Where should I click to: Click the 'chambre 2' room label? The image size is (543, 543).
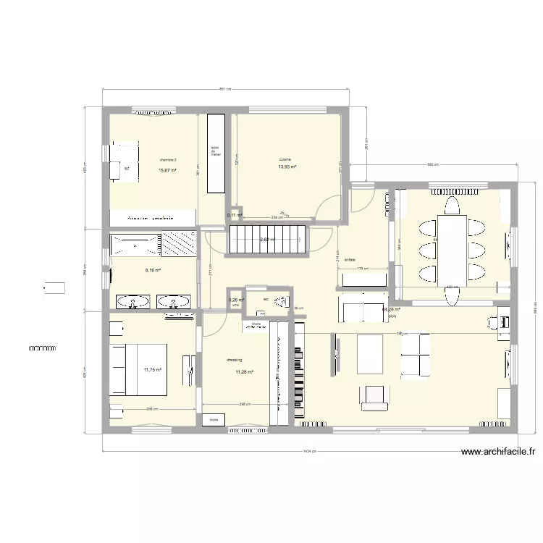tap(168, 160)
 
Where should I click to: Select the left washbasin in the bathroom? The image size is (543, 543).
tap(130, 300)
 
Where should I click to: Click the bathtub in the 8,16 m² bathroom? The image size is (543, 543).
tap(135, 244)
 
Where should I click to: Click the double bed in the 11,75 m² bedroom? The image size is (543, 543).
tap(139, 370)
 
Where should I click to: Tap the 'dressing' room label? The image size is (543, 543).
tap(234, 359)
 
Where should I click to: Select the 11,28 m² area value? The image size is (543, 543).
tap(244, 372)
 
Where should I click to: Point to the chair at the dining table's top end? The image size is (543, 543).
tap(452, 209)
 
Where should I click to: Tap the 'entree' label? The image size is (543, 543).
tap(350, 259)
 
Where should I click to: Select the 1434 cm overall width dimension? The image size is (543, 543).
tap(308, 451)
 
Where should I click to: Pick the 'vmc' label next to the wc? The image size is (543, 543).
tap(235, 306)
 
